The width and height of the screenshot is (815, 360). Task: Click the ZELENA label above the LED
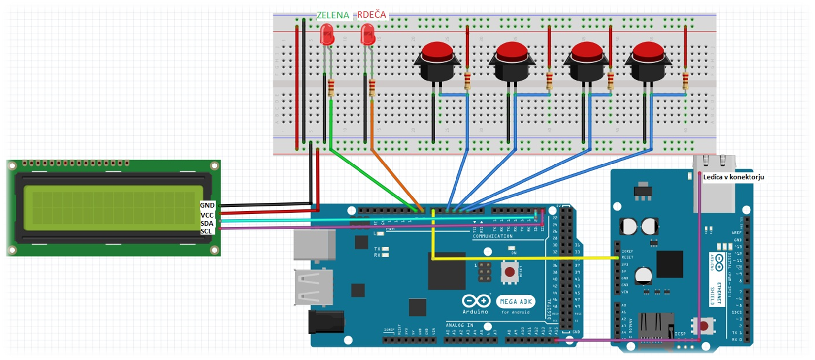click(x=332, y=15)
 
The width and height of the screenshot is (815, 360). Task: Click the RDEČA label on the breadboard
click(x=371, y=15)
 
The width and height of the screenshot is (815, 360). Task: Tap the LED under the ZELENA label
click(x=326, y=35)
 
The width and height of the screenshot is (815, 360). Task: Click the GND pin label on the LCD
click(x=207, y=205)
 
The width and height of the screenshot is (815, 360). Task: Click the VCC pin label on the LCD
click(x=207, y=215)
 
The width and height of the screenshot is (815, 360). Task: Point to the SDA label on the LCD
click(x=207, y=223)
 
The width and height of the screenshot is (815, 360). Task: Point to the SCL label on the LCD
click(x=206, y=231)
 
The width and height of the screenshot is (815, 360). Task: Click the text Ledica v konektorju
click(x=733, y=177)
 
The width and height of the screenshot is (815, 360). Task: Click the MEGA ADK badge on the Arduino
click(x=516, y=302)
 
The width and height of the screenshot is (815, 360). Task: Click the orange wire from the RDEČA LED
click(x=394, y=177)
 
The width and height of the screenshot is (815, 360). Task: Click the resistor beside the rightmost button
click(x=685, y=80)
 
